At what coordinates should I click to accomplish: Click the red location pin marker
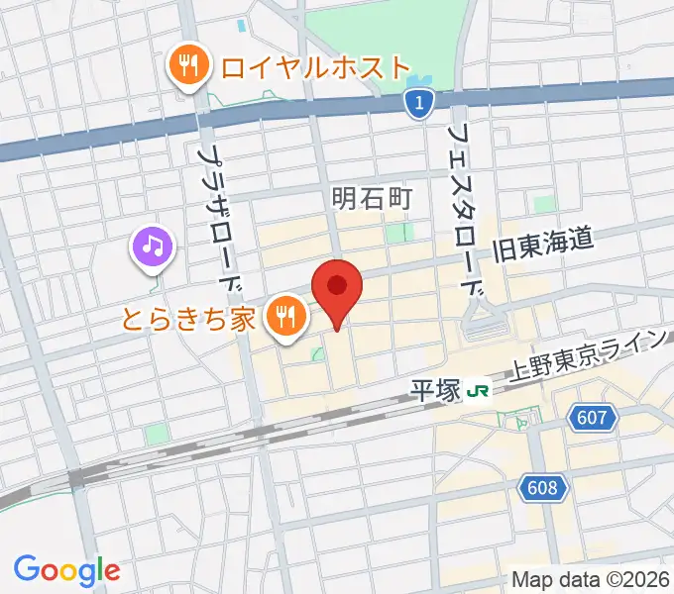337,289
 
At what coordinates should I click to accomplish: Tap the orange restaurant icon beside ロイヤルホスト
186,67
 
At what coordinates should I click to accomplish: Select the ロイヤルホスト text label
315,67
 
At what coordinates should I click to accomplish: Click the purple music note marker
153,246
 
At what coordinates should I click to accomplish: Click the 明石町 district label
370,199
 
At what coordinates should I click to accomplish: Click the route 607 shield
592,419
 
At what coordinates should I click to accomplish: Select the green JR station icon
479,390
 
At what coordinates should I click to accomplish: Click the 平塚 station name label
436,389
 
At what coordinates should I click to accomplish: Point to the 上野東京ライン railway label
585,356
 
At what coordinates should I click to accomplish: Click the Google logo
66,569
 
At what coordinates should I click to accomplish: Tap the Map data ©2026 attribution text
591,579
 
